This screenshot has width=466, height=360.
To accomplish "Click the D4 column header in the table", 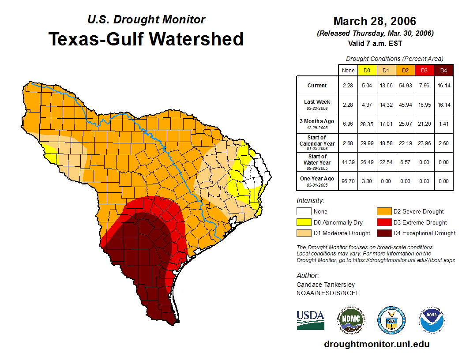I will pos(443,71).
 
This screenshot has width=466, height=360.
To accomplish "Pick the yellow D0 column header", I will pos(367,71).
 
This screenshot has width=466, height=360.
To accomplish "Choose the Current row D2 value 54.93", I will pos(405,86).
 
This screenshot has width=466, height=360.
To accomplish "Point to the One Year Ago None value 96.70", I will pos(348,181).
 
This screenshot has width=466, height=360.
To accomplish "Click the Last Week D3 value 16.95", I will pos(424,105).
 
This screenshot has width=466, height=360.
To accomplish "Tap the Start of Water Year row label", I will pos(317,162).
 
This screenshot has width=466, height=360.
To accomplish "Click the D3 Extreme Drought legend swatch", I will pos(383,222).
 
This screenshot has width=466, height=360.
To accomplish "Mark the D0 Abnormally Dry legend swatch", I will pos(304,222).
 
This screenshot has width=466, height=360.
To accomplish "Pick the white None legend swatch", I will pos(304,212).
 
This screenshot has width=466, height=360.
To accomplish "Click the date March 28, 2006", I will pos(375,21).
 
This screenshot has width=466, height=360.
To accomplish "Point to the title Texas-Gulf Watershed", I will pos(146,39).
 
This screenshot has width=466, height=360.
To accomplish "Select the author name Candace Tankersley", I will pos(326,285).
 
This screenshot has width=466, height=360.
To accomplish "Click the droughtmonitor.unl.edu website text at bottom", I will pos(376,344).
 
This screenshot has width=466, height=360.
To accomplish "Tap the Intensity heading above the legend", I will pos(310,201).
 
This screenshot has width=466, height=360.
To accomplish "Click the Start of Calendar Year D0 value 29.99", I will pos(367,142).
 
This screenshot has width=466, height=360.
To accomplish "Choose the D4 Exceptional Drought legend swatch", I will pos(383,233).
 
